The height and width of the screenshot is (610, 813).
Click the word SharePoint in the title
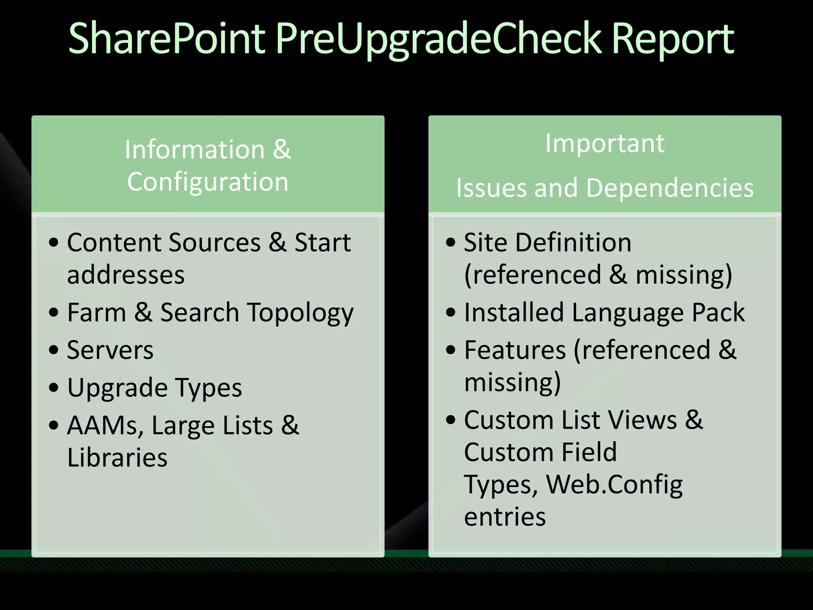[167, 39]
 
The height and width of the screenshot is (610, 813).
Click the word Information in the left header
[195, 150]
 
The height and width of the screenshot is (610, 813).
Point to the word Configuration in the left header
[208, 182]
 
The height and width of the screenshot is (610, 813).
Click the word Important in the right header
[605, 143]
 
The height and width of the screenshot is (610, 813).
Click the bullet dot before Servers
[54, 350]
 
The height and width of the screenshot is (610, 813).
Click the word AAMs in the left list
[105, 426]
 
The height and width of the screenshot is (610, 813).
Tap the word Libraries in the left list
[117, 457]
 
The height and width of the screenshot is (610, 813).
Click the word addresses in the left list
[126, 275]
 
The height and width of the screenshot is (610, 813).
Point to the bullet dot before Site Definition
[451, 242]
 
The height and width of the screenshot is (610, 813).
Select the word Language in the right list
[628, 313]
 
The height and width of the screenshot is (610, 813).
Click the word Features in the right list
[515, 350]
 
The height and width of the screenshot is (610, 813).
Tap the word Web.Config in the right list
[614, 485]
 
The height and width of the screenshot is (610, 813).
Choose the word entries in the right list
[505, 517]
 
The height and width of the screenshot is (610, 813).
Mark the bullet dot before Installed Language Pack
[451, 312]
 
